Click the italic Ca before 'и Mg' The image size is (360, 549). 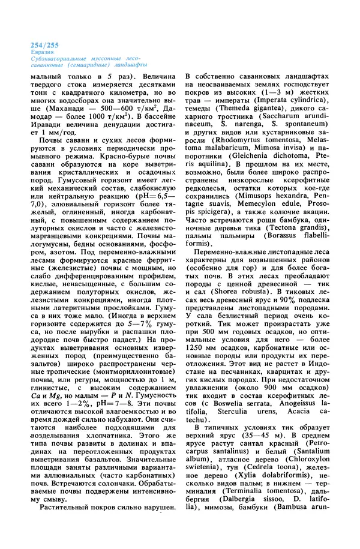(32, 394)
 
